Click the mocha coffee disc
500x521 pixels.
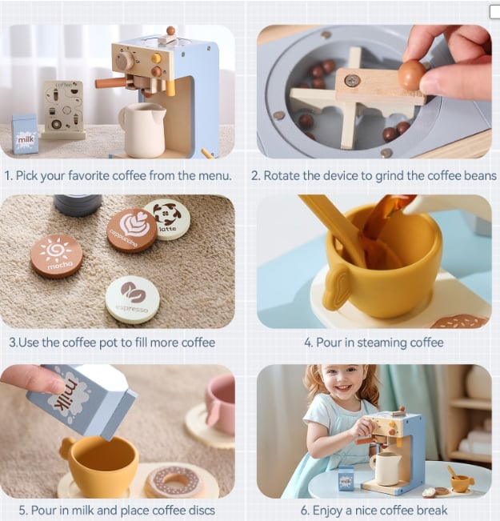coord(57,256)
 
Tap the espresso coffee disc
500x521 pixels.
coord(133,300)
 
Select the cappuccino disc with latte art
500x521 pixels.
coord(132,230)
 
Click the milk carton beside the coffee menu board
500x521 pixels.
coord(25,134)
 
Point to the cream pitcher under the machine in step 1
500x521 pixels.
coord(143,130)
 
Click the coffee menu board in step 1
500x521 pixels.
coord(63,108)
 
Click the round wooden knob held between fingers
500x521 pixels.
coord(412,75)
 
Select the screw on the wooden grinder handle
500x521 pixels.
coord(352,80)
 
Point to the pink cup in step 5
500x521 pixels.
coord(221,403)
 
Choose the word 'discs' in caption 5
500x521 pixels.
coord(200,510)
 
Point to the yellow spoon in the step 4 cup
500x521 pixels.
coord(335,229)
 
